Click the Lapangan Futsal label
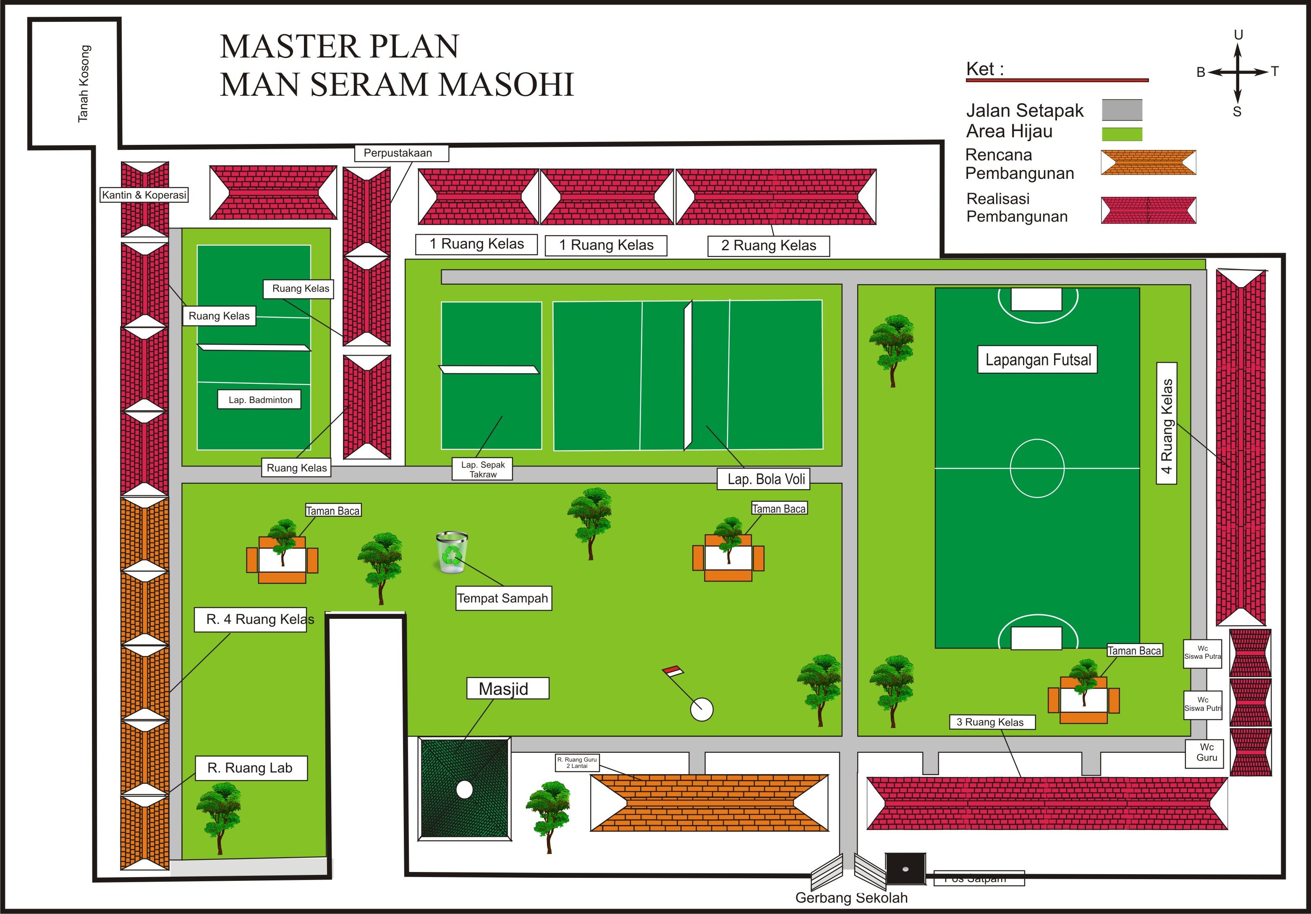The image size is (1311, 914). [1037, 360]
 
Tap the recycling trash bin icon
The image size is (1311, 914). [452, 552]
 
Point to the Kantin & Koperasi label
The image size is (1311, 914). [144, 195]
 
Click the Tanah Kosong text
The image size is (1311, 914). [84, 84]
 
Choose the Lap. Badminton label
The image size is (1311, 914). [260, 400]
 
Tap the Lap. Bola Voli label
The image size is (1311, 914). [765, 479]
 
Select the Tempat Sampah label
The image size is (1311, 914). [503, 598]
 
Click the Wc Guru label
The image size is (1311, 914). [1206, 752]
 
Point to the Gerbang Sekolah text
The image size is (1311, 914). [851, 898]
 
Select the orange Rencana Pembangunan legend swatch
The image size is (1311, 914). [1148, 163]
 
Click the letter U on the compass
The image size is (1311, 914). [1238, 35]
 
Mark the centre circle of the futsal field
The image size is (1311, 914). [1037, 468]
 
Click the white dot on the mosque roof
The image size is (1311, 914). [464, 790]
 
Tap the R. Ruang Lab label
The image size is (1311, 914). [251, 768]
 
